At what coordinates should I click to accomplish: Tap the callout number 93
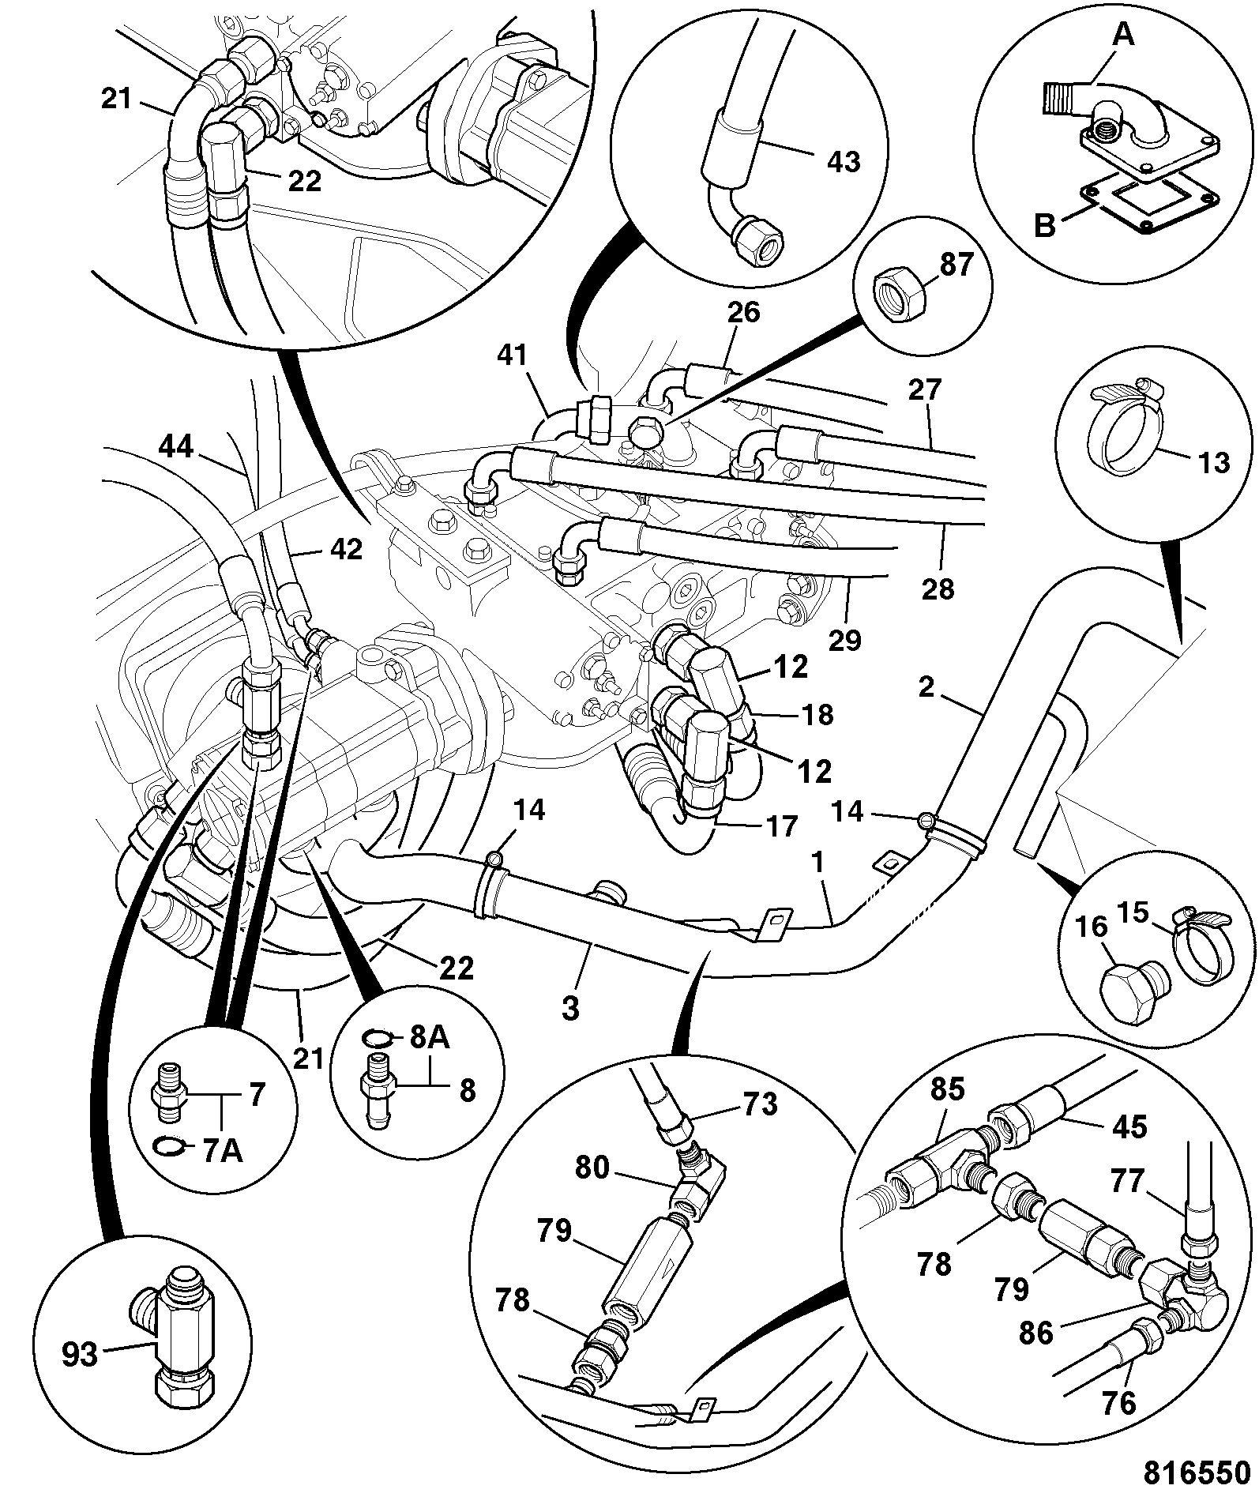click(x=80, y=1355)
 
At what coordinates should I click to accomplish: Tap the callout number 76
click(x=1119, y=1403)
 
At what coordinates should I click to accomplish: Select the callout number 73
click(x=758, y=1104)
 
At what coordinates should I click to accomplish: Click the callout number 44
click(x=175, y=448)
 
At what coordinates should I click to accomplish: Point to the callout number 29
click(x=844, y=640)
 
